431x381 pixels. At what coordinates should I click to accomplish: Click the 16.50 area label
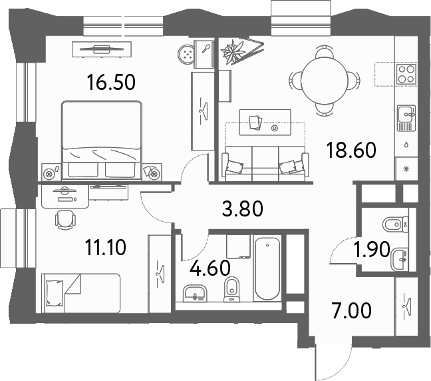pos(111,83)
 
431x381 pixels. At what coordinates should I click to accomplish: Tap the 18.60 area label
pos(351,150)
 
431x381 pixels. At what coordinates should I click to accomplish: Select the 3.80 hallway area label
pos(242,208)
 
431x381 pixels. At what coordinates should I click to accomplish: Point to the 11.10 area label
pos(106,247)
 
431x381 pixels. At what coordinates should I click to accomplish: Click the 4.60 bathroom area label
pos(210,268)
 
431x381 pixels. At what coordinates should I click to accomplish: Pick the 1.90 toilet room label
pos(372,249)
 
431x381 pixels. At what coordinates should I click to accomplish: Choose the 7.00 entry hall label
pos(352,310)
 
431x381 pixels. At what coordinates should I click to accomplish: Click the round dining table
pos(325,80)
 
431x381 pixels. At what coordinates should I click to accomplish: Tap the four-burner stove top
pos(406,75)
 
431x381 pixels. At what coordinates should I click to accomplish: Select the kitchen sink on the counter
pos(406,118)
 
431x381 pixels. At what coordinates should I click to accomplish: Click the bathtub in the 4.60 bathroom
pos(267,268)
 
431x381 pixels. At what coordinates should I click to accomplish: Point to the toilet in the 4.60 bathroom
pos(231,290)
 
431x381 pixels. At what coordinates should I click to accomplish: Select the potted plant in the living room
pos(233,51)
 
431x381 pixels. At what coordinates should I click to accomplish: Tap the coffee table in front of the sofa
pos(265,123)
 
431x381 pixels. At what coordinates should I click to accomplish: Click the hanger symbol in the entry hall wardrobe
pos(406,306)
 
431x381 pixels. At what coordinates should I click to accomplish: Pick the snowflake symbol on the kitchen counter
pos(406,169)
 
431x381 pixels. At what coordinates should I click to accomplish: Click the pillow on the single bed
pos(55,293)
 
